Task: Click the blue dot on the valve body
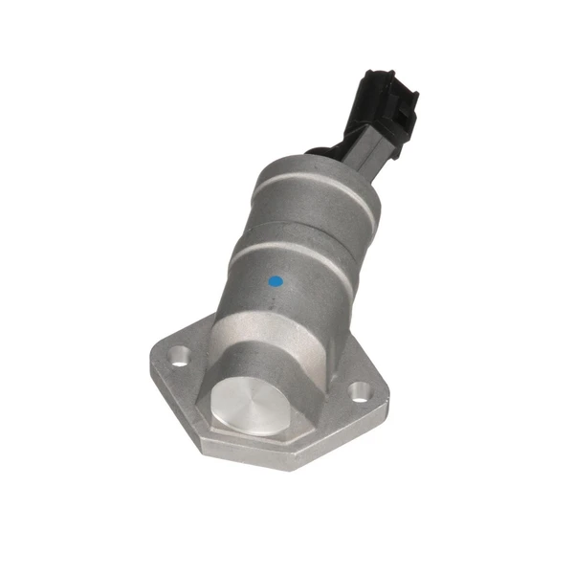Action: [x=276, y=282]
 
